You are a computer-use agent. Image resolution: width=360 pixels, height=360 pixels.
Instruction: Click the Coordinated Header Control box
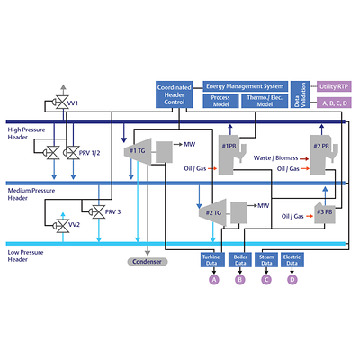[x=173, y=94]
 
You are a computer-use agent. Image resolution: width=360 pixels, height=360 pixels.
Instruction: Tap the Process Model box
[x=220, y=101]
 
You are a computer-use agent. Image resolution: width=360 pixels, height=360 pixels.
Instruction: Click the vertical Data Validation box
[x=304, y=94]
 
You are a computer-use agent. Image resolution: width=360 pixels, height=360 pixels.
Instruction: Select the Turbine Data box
[x=214, y=259]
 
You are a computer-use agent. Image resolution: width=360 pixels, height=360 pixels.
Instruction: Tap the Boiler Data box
[x=240, y=259]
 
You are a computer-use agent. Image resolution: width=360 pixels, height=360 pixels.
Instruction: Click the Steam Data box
[x=265, y=259]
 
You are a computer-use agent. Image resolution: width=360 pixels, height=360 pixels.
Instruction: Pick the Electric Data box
[x=292, y=259]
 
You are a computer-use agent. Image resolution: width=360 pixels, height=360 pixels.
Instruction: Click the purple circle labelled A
[x=214, y=280]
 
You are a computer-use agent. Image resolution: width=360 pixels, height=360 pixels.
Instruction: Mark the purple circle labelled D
[x=292, y=280]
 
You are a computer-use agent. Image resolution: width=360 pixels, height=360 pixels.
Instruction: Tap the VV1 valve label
[x=72, y=104]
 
